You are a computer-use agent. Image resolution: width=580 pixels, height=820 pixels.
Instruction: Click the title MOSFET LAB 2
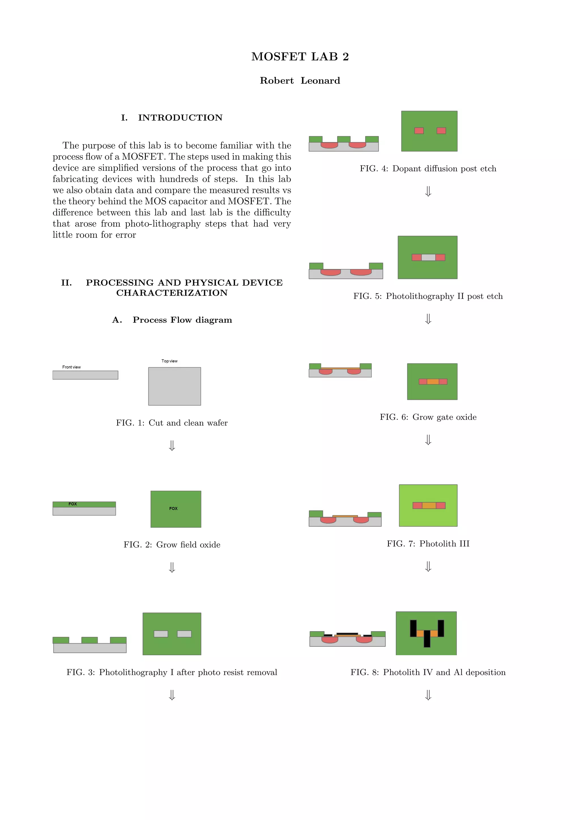(300, 56)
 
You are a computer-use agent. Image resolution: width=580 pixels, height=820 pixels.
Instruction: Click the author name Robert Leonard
(300, 81)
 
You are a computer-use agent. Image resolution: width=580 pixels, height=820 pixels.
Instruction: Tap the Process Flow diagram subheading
(172, 320)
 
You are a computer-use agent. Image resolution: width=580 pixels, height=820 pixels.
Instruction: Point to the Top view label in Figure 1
(169, 361)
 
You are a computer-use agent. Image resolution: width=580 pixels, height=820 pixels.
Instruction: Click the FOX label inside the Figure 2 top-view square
(173, 508)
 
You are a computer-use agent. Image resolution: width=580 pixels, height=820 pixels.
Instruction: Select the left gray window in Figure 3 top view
(161, 634)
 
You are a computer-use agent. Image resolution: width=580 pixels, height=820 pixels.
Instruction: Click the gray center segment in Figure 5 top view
(428, 257)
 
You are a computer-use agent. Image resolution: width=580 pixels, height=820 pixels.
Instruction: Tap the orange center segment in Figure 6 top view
(432, 381)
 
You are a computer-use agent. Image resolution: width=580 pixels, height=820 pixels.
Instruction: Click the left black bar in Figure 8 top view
(413, 628)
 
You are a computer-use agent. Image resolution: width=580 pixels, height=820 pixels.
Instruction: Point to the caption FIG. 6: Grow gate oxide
(428, 417)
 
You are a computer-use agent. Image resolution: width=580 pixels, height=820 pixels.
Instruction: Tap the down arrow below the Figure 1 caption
(172, 445)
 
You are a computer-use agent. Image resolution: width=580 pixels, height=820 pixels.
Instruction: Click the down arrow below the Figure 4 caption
(428, 191)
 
